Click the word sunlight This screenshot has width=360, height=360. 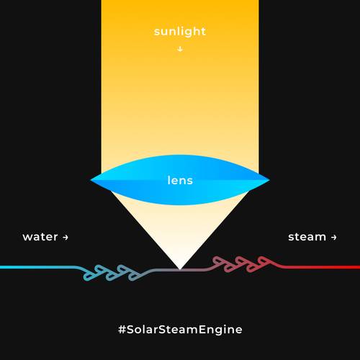click(180, 32)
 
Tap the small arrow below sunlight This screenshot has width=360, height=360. click(180, 49)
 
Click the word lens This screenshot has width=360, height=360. click(180, 181)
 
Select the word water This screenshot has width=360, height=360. click(40, 237)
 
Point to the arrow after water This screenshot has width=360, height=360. click(66, 238)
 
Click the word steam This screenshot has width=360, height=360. click(307, 237)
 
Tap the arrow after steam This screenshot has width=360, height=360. click(333, 238)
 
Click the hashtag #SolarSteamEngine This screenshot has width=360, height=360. click(180, 330)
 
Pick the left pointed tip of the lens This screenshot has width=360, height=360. click(91, 179)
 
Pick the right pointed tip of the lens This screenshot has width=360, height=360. click(269, 179)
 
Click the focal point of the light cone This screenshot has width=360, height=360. click(180, 269)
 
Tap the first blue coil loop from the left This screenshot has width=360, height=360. click(91, 274)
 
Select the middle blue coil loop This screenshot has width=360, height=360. click(114, 274)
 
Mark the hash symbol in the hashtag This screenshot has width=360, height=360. click(122, 330)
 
